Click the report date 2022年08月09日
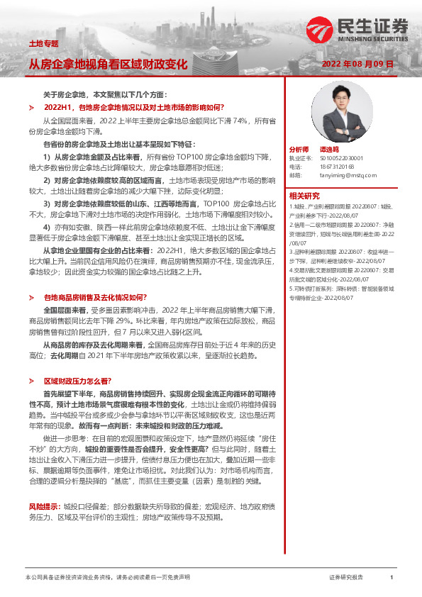click(357, 64)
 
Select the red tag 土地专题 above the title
click(43, 44)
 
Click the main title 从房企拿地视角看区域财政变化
click(108, 65)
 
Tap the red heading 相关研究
click(304, 195)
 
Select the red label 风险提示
click(44, 487)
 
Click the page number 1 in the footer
click(392, 578)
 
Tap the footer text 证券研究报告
click(346, 578)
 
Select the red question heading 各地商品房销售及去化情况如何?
click(95, 298)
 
